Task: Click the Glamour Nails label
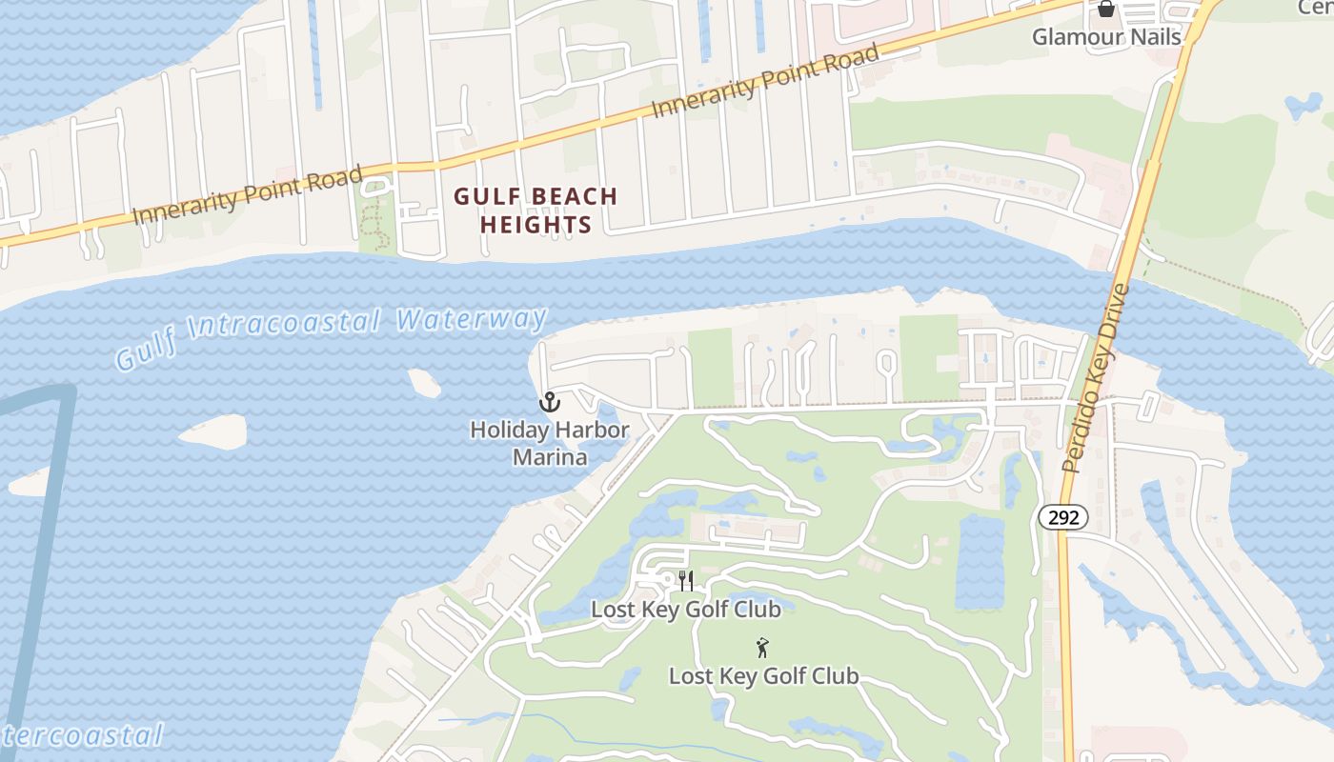[x=1106, y=37]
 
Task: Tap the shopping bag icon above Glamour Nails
[x=1105, y=10]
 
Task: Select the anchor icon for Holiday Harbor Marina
[x=549, y=401]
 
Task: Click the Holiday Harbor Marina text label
[x=549, y=444]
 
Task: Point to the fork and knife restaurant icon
[x=685, y=580]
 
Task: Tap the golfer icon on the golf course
[x=761, y=649]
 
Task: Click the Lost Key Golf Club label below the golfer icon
[x=763, y=676]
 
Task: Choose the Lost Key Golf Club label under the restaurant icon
[x=685, y=609]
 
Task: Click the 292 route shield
[x=1062, y=517]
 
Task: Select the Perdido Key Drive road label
[x=1096, y=379]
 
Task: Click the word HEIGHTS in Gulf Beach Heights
[x=536, y=226]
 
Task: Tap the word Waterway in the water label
[x=472, y=319]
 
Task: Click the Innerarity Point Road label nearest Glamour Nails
[x=765, y=83]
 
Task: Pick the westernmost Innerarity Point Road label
[x=248, y=195]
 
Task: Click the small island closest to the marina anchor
[x=425, y=383]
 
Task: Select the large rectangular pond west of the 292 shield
[x=980, y=562]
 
